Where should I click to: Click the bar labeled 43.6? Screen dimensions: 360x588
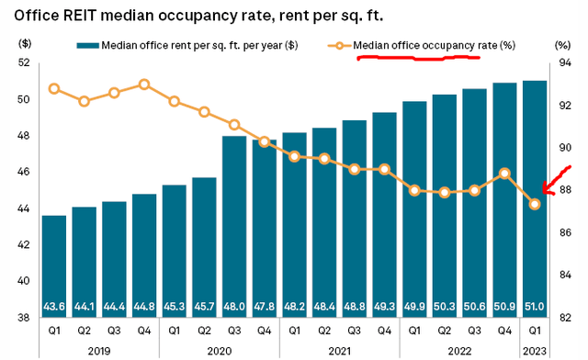[x=54, y=266]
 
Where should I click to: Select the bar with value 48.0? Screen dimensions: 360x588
[x=234, y=230]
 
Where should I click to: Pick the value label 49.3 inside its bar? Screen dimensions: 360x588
[x=384, y=305]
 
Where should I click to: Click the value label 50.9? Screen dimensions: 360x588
[x=504, y=305]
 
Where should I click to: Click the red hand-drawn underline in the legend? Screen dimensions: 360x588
[x=418, y=57]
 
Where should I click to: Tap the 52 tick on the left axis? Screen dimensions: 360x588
[x=23, y=62]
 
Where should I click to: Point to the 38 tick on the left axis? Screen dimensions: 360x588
[x=23, y=318]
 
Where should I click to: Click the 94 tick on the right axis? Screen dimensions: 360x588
[x=563, y=62]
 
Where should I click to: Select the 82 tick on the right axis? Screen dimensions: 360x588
[x=563, y=318]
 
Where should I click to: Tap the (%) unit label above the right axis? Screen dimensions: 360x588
[x=563, y=44]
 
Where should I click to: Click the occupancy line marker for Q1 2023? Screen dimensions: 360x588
[x=535, y=204]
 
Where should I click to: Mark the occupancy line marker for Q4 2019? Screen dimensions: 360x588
[x=144, y=84]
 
